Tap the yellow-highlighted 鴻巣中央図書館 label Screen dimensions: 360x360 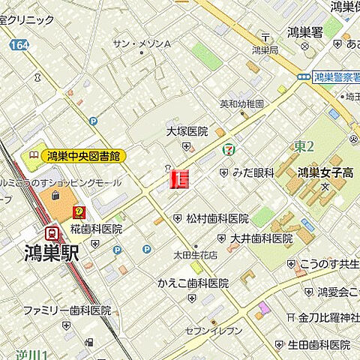[84, 156]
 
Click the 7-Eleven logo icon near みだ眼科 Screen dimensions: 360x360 [226, 149]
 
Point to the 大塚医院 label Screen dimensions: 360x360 [186, 131]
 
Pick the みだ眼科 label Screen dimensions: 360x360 [253, 173]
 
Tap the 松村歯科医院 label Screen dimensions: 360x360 [217, 218]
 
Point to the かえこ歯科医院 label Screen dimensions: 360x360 [193, 283]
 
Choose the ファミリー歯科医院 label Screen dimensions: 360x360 [66, 310]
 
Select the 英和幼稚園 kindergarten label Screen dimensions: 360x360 [241, 104]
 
